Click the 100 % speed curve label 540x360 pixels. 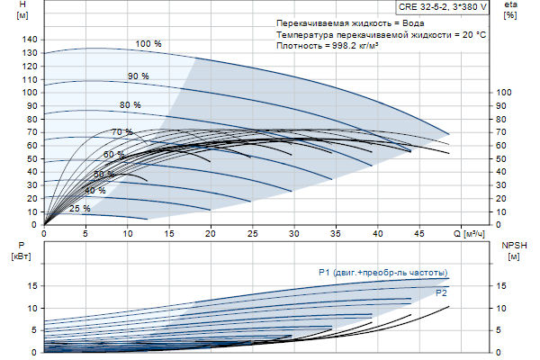(x=148, y=43)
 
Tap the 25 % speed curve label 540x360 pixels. (x=79, y=209)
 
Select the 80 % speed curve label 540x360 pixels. (x=130, y=105)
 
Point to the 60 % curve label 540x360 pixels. (x=113, y=155)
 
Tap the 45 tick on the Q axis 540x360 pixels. (x=418, y=233)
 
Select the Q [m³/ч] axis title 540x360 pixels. (x=468, y=233)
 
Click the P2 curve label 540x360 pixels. (x=441, y=293)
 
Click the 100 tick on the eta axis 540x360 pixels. (x=504, y=93)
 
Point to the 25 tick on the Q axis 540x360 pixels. (x=252, y=233)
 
